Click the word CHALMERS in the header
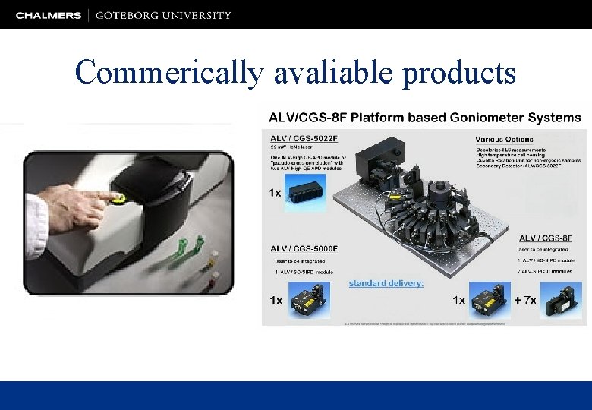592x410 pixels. [x=49, y=15]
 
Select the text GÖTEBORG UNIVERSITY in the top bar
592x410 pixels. [x=164, y=15]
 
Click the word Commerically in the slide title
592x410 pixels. [x=168, y=73]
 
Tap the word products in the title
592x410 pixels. [x=459, y=73]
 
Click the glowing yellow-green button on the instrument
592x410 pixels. [x=118, y=199]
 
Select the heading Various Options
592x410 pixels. [x=504, y=140]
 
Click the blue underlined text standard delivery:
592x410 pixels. [x=386, y=283]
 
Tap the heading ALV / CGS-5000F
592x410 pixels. [x=304, y=248]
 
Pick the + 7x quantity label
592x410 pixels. [x=525, y=301]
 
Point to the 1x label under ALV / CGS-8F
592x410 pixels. [x=458, y=301]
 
